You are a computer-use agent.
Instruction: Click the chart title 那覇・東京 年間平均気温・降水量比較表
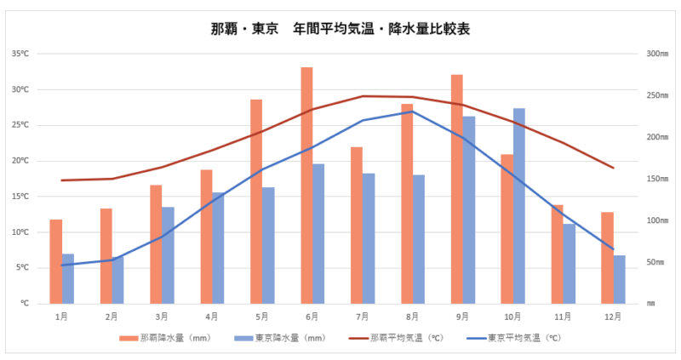tap(340, 28)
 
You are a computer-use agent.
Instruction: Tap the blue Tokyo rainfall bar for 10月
tap(519, 205)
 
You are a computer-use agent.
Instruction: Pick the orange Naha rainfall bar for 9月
tap(457, 188)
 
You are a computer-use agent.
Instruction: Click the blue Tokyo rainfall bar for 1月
tap(68, 278)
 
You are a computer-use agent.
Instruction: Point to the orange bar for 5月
tap(256, 201)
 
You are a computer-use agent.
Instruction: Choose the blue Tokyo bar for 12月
tap(620, 279)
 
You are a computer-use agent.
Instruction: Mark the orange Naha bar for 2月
tap(106, 255)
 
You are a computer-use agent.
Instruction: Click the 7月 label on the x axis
tap(362, 317)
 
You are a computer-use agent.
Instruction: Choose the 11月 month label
tap(563, 317)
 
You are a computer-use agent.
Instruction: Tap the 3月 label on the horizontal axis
tap(162, 317)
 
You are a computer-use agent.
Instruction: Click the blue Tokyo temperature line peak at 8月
tap(412, 111)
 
